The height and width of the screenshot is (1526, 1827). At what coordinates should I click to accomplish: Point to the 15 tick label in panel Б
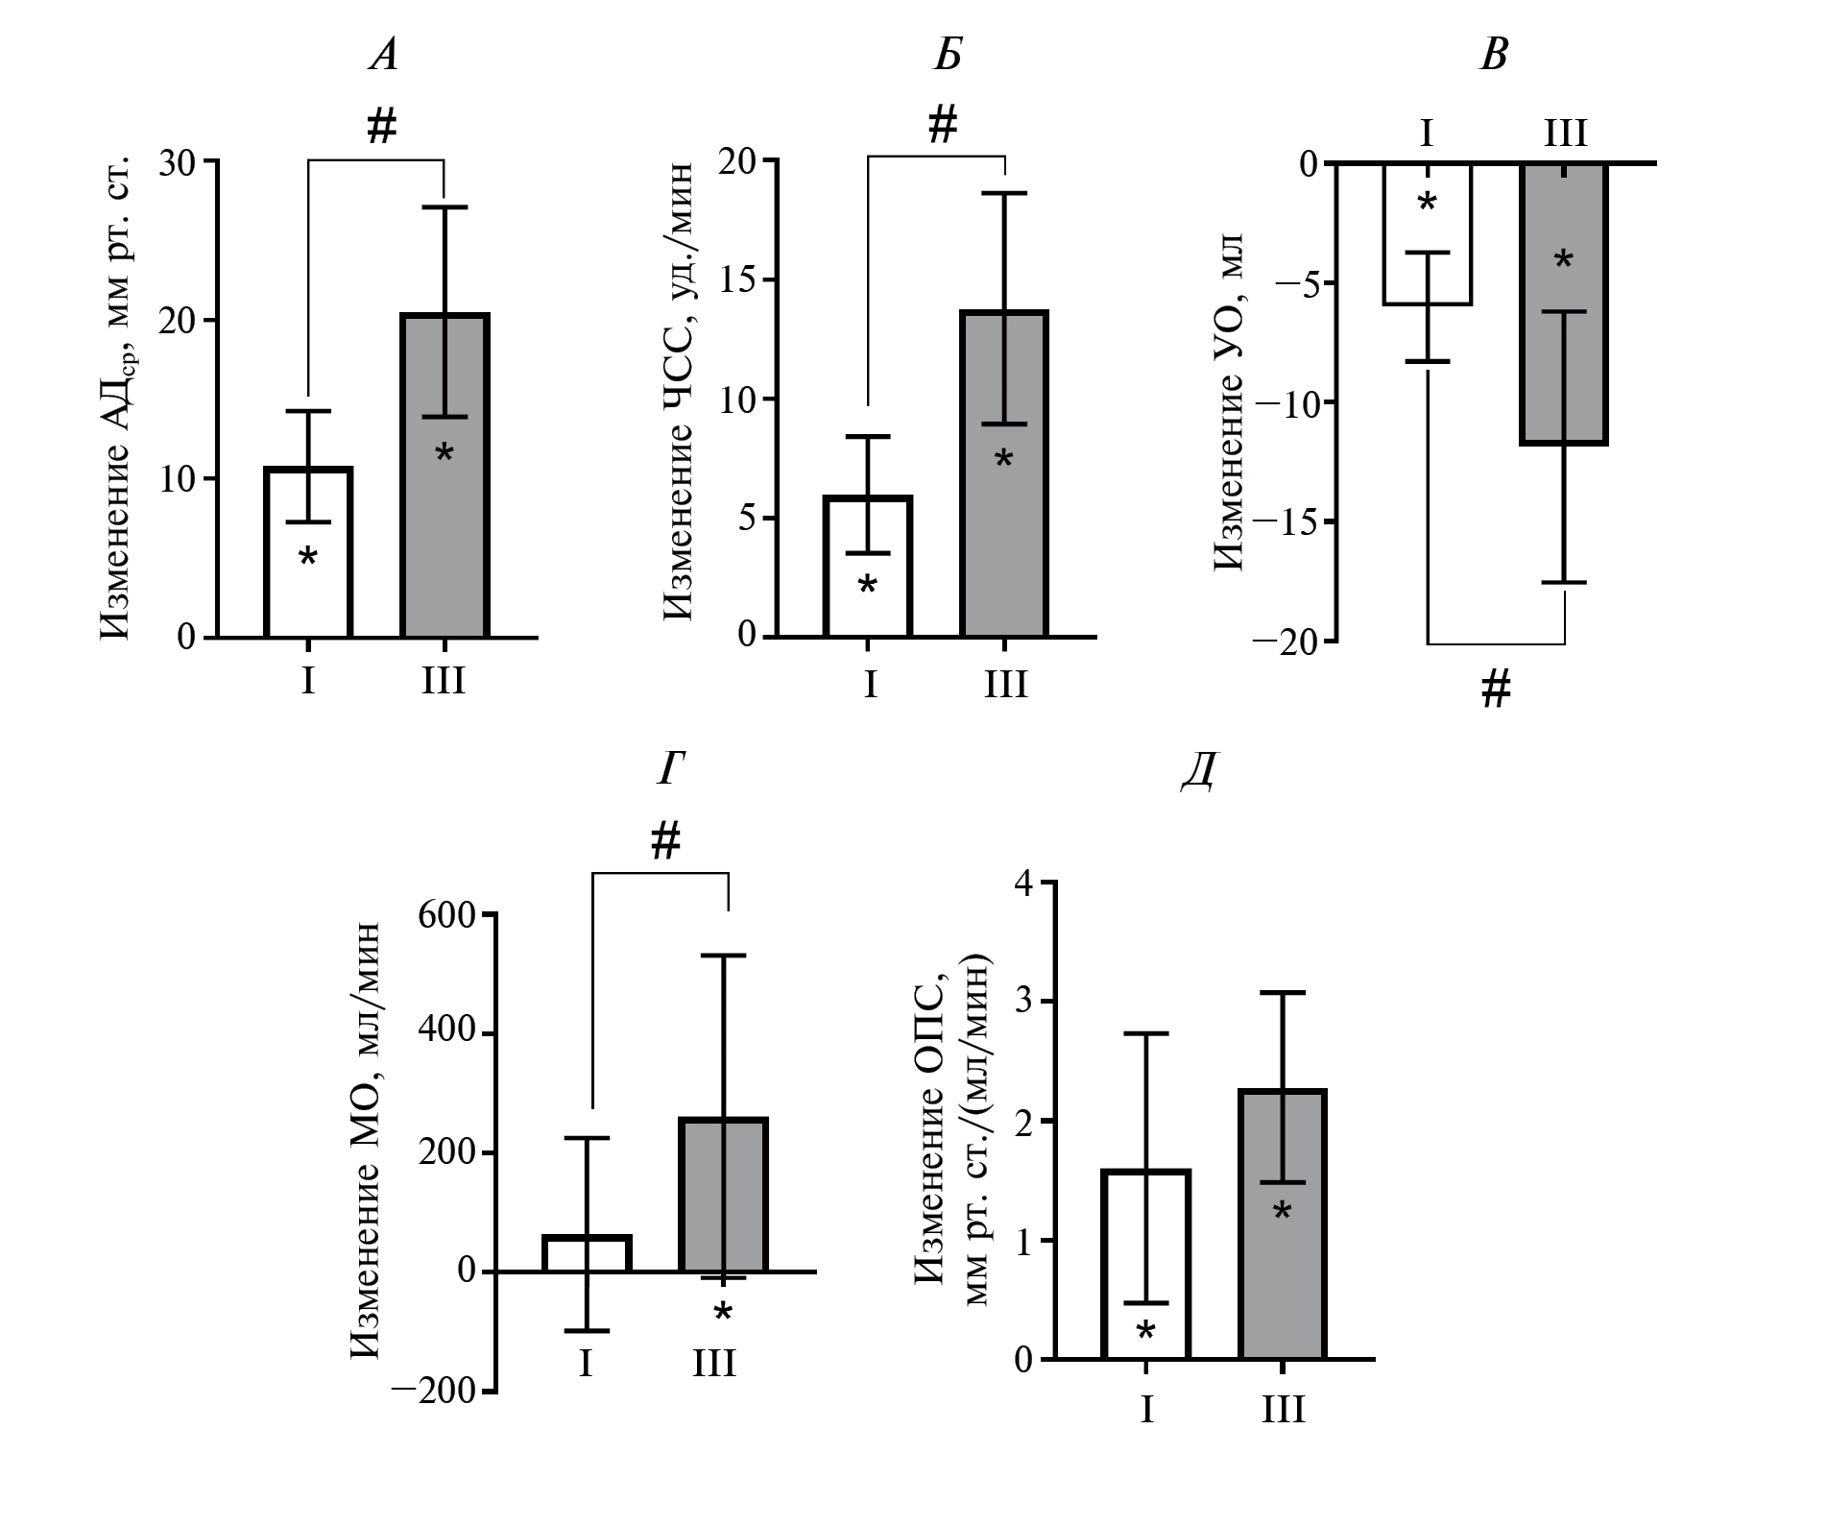(x=738, y=280)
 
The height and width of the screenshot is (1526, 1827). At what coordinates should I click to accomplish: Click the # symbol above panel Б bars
(x=943, y=125)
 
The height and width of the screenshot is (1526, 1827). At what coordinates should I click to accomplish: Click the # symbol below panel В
(x=1496, y=690)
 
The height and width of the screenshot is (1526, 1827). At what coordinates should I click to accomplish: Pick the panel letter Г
(x=671, y=770)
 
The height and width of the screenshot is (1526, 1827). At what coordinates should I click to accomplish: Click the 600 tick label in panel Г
(x=447, y=915)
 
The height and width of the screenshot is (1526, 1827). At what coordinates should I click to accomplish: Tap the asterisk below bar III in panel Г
(x=723, y=1314)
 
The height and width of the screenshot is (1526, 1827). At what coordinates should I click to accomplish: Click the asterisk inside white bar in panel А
(x=307, y=558)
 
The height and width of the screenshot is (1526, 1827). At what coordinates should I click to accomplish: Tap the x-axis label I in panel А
(x=307, y=681)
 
